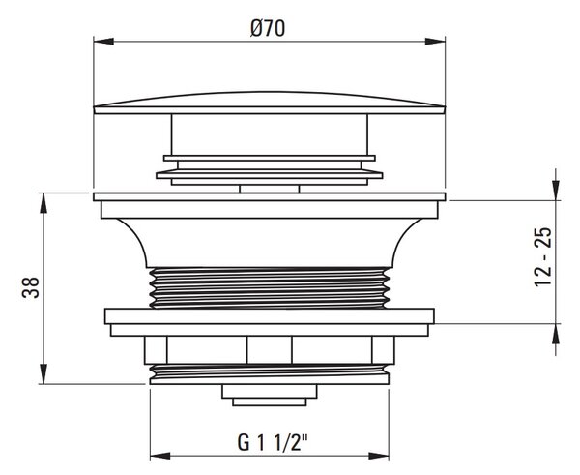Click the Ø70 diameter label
point(268,28)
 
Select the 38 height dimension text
point(31,287)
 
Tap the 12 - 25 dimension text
point(543,257)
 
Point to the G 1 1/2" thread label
point(273,442)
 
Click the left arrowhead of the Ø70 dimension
point(103,41)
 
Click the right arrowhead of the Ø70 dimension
point(435,41)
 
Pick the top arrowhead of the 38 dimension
point(43,203)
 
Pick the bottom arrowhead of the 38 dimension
point(43,374)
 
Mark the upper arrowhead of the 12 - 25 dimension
point(556,191)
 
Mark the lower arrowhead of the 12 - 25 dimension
point(556,334)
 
